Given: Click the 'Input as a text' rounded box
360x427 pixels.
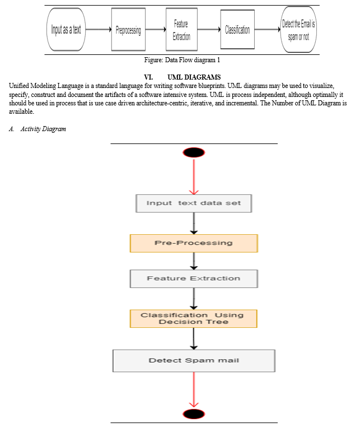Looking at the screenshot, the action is click(66, 29).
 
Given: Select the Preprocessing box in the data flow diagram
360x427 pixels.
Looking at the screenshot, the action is click(128, 29).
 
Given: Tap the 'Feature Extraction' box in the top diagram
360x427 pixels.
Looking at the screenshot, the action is click(181, 29).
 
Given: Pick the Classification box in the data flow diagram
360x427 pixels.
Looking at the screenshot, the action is click(237, 29).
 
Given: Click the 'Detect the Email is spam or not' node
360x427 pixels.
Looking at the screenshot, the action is click(298, 29).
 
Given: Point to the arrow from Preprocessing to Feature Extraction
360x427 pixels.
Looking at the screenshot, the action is click(156, 29).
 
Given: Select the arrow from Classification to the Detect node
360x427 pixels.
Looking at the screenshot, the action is click(268, 29).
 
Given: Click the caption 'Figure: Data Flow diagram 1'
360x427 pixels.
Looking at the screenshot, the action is click(182, 60).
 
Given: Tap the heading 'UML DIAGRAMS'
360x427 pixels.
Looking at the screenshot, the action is click(194, 77).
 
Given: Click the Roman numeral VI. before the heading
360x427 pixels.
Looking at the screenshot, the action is click(148, 77).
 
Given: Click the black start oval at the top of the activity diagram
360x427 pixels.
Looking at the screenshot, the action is click(194, 152).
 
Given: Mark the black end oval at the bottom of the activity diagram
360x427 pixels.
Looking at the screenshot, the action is click(194, 414).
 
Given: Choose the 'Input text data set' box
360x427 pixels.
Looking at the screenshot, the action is click(194, 203).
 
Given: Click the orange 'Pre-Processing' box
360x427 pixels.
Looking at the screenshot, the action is click(194, 243).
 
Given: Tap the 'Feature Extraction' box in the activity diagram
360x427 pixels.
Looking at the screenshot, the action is click(194, 279).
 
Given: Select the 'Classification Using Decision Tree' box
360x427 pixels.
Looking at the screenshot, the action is click(194, 319).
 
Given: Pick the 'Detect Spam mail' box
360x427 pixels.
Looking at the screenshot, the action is click(194, 361).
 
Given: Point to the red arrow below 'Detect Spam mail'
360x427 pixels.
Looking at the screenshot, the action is click(194, 389).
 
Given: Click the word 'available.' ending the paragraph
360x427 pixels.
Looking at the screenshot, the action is click(21, 112).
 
